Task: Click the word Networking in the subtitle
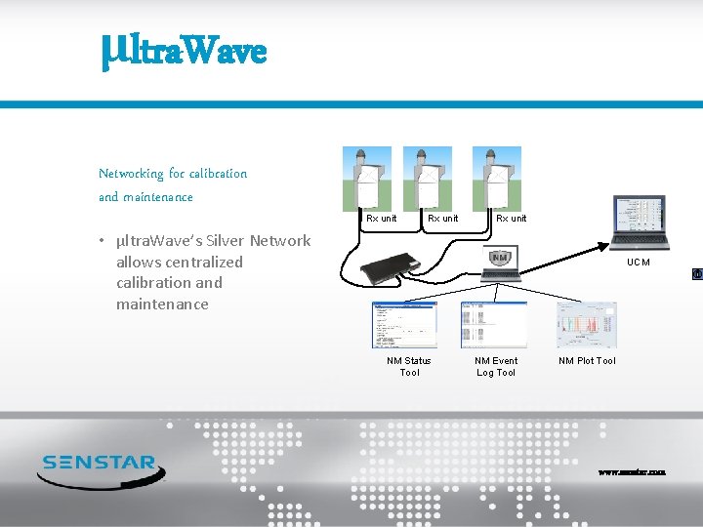pyautogui.click(x=131, y=174)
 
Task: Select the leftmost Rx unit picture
pyautogui.click(x=366, y=178)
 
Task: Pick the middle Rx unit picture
pyautogui.click(x=428, y=178)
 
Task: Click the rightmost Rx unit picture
pyautogui.click(x=496, y=178)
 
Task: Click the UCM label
pyautogui.click(x=639, y=263)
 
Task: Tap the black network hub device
pyautogui.click(x=389, y=268)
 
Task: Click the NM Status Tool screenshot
pyautogui.click(x=404, y=325)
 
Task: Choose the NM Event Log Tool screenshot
pyautogui.click(x=493, y=325)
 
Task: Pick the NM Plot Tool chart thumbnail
pyautogui.click(x=586, y=325)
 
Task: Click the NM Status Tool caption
pyautogui.click(x=409, y=366)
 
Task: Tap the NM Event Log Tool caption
pyautogui.click(x=496, y=366)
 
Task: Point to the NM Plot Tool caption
pyautogui.click(x=587, y=361)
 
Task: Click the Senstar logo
pyautogui.click(x=101, y=467)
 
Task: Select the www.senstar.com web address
pyautogui.click(x=632, y=472)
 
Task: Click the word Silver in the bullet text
pyautogui.click(x=226, y=241)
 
